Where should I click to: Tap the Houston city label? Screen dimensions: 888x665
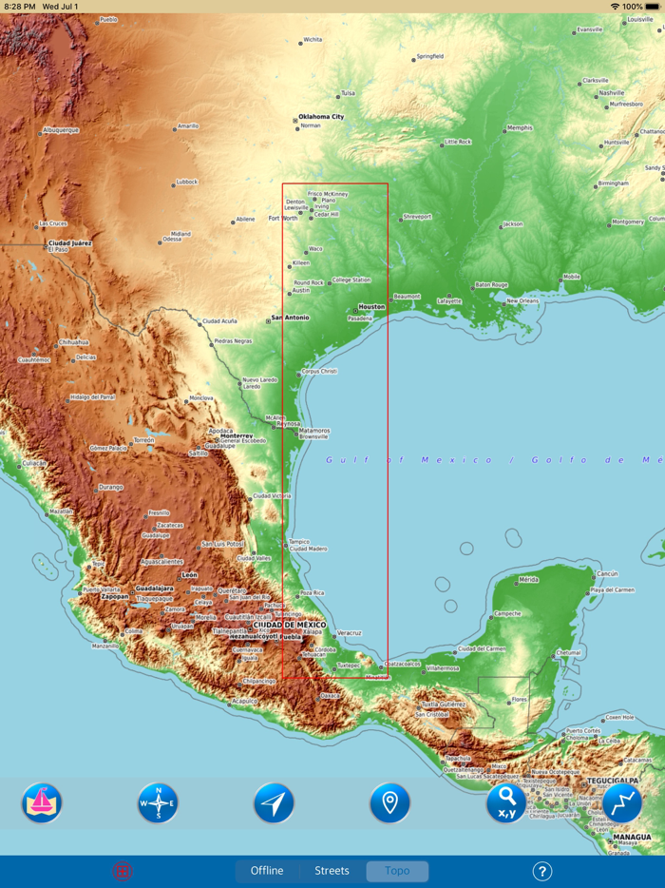pyautogui.click(x=371, y=307)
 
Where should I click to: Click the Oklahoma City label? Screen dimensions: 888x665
pyautogui.click(x=322, y=117)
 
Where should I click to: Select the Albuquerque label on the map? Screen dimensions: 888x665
pyautogui.click(x=61, y=130)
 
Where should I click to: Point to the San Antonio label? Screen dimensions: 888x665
pyautogui.click(x=290, y=318)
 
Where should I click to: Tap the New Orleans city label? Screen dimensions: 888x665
pyautogui.click(x=522, y=300)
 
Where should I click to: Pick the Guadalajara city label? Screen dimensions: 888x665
pyautogui.click(x=154, y=589)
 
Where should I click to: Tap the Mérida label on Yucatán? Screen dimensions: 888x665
pyautogui.click(x=528, y=579)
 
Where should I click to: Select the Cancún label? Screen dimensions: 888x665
pyautogui.click(x=607, y=574)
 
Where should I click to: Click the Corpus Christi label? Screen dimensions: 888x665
pyautogui.click(x=319, y=371)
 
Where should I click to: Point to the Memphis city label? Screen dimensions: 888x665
pyautogui.click(x=520, y=127)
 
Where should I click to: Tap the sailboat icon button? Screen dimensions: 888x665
pyautogui.click(x=42, y=803)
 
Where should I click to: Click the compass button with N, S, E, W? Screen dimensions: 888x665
pyautogui.click(x=158, y=803)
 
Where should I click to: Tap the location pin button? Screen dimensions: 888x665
pyautogui.click(x=389, y=803)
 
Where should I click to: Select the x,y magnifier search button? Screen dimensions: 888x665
pyautogui.click(x=506, y=803)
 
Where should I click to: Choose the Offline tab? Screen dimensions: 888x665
pyautogui.click(x=267, y=871)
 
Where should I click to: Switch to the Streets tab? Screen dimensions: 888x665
pyautogui.click(x=332, y=871)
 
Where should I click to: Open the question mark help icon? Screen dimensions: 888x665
pyautogui.click(x=541, y=871)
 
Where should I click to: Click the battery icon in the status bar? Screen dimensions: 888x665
pyautogui.click(x=653, y=7)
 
